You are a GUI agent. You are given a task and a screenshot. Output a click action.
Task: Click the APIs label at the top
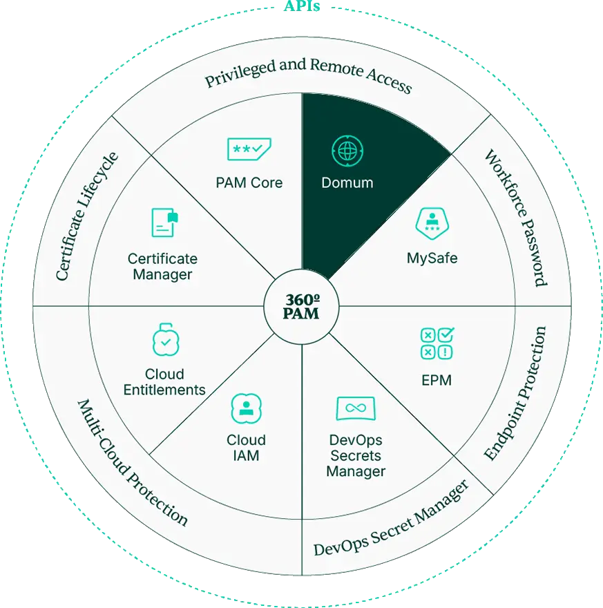point(302,6)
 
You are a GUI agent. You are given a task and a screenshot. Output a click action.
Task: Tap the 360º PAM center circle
point(301,306)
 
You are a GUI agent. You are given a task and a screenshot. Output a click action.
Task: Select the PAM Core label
point(249,182)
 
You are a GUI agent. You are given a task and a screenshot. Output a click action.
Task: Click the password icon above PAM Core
point(249,149)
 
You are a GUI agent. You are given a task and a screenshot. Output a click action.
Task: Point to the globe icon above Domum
point(347,151)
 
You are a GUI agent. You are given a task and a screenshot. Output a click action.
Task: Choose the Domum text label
point(347,182)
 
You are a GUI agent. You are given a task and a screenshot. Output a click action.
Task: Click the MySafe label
point(432,258)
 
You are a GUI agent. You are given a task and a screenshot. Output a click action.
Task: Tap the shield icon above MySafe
point(432,223)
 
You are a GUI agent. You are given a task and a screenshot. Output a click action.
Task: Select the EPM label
point(437,381)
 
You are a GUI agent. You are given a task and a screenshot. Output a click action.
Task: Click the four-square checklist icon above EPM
point(437,343)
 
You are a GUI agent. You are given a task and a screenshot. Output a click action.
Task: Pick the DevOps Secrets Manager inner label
point(356,455)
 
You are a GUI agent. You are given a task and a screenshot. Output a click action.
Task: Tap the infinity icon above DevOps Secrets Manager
point(356,408)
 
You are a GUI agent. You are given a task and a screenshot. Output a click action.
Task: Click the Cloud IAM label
point(246,448)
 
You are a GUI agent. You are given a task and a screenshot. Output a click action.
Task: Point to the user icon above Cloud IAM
point(246,408)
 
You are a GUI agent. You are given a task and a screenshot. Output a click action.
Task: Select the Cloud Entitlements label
point(164,382)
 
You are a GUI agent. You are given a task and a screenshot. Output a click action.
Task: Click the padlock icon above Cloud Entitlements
point(166,339)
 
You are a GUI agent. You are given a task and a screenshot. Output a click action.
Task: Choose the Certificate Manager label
point(163,267)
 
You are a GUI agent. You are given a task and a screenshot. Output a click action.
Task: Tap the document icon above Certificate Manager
point(164,222)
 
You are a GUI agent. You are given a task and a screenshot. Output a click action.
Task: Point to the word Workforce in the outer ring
point(506,185)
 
